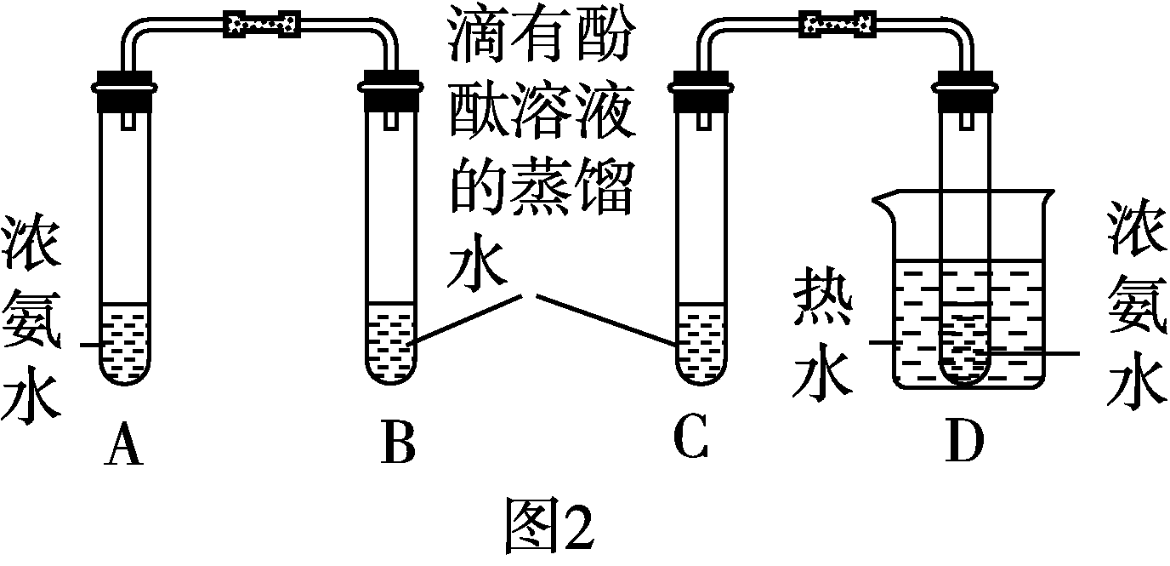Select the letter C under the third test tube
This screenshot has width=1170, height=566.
pos(690,439)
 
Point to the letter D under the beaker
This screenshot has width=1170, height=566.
pos(964,443)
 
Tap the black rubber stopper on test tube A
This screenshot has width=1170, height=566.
pos(124,93)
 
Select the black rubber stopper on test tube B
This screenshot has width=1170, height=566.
pos(392,93)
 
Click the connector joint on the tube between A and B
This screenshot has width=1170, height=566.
pos(260,23)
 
